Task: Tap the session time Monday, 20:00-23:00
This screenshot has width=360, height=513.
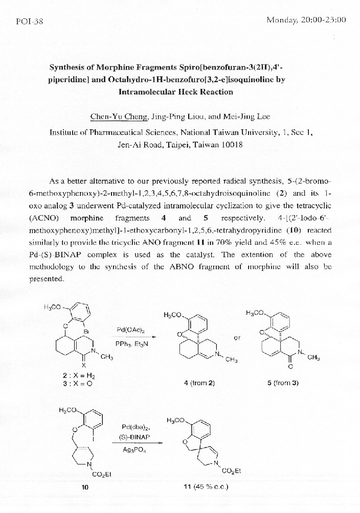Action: click(306, 20)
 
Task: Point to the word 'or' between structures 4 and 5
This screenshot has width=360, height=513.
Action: click(237, 337)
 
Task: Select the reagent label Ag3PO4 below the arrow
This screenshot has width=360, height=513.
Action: click(133, 450)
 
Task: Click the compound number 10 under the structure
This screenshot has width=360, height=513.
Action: click(85, 487)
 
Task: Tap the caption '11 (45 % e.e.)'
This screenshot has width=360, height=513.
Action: click(206, 486)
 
